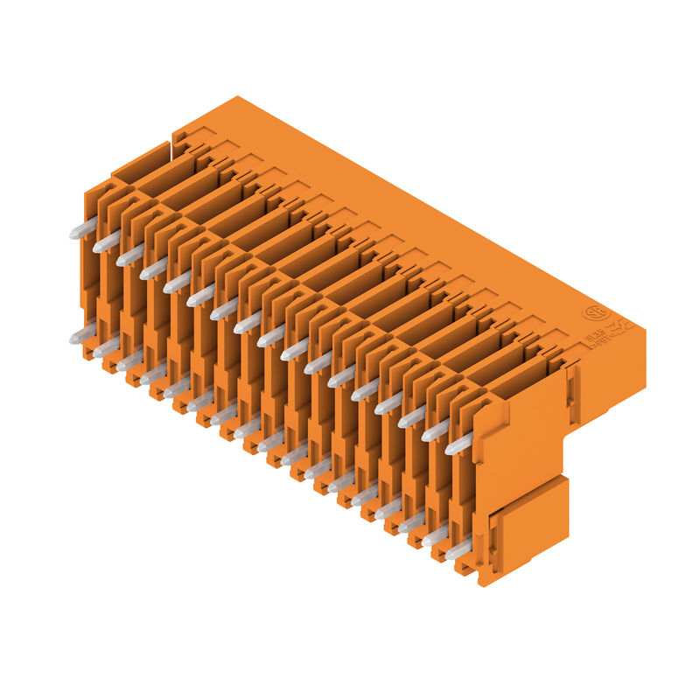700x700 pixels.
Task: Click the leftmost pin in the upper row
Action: (82, 229)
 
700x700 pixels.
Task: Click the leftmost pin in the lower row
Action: (82, 333)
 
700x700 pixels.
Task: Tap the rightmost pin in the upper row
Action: (458, 444)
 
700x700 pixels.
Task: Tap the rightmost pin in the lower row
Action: (458, 550)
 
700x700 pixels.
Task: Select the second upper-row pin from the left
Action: (106, 242)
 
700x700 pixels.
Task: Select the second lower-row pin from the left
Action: (106, 347)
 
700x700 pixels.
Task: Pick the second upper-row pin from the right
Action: (435, 430)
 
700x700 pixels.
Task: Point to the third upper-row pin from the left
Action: (129, 255)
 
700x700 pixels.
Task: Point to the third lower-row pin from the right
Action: (410, 523)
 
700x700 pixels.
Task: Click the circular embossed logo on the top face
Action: (596, 312)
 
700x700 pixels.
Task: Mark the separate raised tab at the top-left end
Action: (140, 161)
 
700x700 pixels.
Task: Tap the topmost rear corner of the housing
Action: (236, 97)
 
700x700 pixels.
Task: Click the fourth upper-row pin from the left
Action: (153, 269)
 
